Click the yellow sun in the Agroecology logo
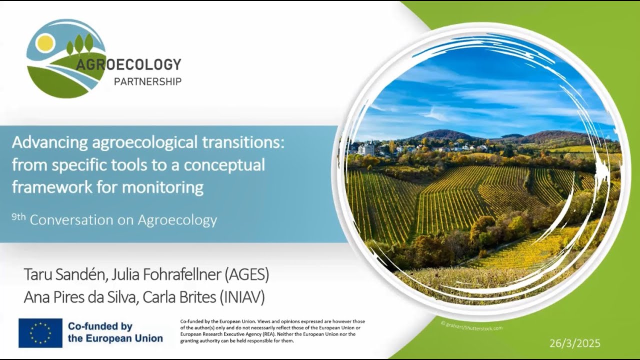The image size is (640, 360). click(x=45, y=43)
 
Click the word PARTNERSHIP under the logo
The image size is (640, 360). click(x=147, y=81)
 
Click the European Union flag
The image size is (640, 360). click(x=40, y=333)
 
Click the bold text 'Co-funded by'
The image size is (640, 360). click(x=100, y=327)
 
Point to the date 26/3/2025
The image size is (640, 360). click(x=575, y=343)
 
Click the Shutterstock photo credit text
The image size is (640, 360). click(x=471, y=325)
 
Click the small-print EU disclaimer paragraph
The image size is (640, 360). click(x=272, y=330)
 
